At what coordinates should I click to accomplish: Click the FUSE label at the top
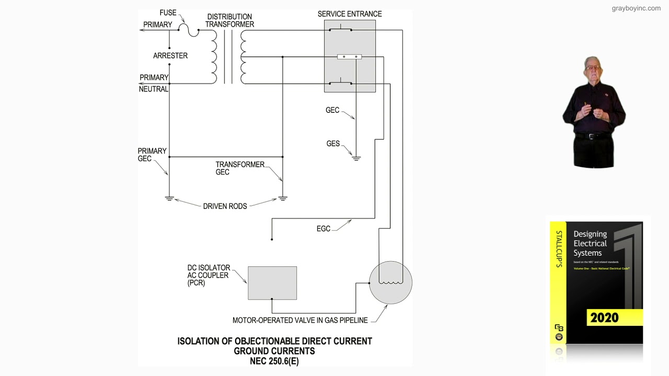pos(168,13)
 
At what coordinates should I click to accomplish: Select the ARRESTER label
pos(170,55)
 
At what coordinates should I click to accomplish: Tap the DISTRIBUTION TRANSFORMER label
pos(229,20)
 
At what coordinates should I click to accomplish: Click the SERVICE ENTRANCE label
pos(350,14)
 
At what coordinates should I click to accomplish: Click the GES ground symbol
pos(356,158)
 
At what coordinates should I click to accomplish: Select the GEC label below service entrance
pos(332,110)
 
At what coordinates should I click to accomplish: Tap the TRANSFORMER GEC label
pos(240,168)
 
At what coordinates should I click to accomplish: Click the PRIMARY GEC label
pos(152,155)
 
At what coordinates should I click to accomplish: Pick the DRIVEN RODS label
pos(225,206)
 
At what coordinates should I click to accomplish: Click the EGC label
pos(324,229)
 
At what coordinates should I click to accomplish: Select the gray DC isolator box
pos(272,283)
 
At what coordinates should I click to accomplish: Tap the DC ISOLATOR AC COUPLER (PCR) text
pos(209,275)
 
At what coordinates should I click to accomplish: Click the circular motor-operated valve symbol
pos(390,283)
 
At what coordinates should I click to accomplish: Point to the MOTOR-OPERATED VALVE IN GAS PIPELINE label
pos(300,320)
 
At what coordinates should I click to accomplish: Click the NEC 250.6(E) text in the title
pos(274,361)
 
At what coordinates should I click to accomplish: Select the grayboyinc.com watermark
pos(636,8)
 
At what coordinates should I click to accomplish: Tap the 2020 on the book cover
pos(604,318)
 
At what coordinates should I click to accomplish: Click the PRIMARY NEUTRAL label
pos(154,83)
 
